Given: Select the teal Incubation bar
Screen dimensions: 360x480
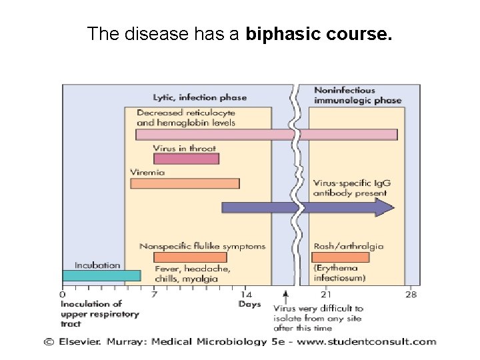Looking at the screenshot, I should (x=101, y=275).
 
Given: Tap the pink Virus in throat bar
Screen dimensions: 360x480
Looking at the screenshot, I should (x=186, y=159).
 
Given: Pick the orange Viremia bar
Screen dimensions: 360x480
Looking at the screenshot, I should (x=185, y=183).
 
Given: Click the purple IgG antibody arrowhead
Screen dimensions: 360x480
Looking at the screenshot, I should (x=385, y=207).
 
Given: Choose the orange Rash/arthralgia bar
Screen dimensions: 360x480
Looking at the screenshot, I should (x=340, y=257).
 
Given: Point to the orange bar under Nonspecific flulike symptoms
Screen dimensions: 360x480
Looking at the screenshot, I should (x=190, y=257).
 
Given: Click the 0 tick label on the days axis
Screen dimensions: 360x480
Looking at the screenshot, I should (x=63, y=294).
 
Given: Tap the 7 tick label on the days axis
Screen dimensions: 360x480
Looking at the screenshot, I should (x=154, y=294).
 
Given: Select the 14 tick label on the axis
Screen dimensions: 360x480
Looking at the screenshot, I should (x=246, y=294).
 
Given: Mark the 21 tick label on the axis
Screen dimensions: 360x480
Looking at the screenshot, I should (x=326, y=294).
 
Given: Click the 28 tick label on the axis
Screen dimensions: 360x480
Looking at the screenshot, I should (x=411, y=294).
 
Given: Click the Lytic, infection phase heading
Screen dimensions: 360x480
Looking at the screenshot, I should (x=200, y=97).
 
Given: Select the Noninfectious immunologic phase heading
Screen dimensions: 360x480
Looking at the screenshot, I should (x=357, y=95).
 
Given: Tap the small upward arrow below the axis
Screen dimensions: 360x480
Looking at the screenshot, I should (x=285, y=294).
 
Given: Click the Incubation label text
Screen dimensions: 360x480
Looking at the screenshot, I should (x=97, y=265).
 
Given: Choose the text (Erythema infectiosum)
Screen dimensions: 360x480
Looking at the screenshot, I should (x=341, y=273).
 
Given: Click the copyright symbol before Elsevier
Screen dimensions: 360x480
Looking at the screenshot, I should (x=49, y=342).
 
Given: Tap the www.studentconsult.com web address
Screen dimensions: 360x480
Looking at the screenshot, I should (x=373, y=342).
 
